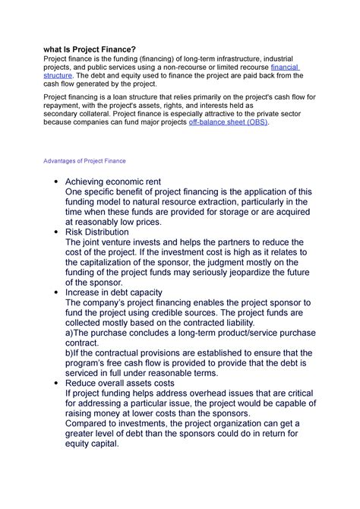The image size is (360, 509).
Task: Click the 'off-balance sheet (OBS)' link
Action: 228,122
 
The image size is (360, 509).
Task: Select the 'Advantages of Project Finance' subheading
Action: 84,162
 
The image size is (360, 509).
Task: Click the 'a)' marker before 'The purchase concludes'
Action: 71,332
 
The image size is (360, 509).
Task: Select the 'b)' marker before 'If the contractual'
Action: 71,353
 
